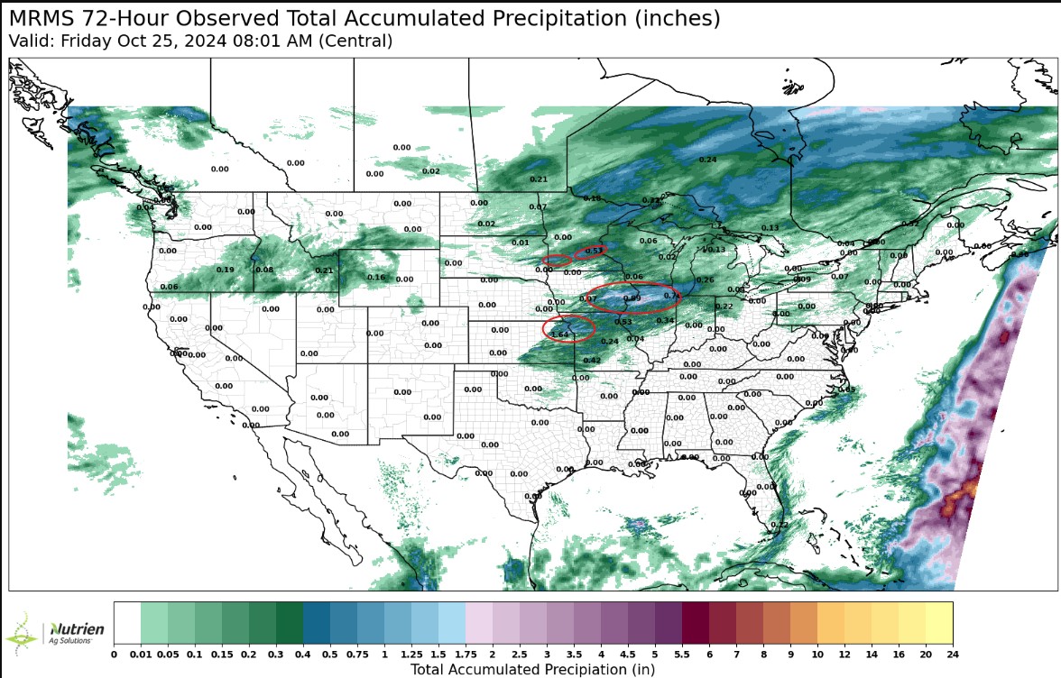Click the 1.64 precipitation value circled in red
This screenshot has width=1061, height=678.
[560, 334]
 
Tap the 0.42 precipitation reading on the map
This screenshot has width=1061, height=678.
[592, 361]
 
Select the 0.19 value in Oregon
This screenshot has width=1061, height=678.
[226, 270]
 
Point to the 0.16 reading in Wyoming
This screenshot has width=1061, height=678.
[376, 277]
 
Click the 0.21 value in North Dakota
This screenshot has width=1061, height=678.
[539, 179]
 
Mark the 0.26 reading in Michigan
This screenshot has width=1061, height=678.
[706, 279]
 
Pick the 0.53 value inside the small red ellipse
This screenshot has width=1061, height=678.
[594, 251]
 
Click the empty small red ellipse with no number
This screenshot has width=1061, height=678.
[556, 261]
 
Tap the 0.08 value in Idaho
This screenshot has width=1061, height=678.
[264, 270]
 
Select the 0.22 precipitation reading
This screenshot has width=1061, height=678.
[724, 307]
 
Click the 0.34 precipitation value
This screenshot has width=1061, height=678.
[665, 321]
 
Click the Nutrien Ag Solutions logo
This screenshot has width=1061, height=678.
[56, 631]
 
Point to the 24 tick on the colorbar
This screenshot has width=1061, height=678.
[952, 654]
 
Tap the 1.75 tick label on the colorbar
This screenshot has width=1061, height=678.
[466, 654]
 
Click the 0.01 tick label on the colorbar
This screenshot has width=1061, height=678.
[141, 654]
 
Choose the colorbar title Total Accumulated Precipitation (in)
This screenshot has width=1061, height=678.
[532, 669]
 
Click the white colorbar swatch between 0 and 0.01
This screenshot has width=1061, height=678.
[127, 621]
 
